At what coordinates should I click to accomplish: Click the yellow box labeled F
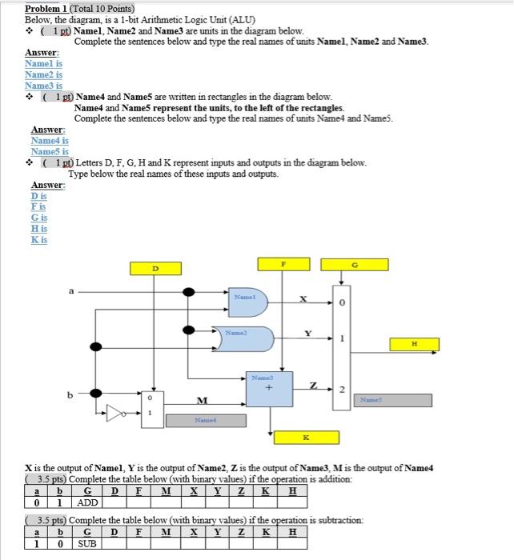(x=282, y=263)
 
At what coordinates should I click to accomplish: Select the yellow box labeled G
(x=343, y=263)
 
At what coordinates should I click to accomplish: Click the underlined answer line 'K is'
(x=39, y=239)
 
